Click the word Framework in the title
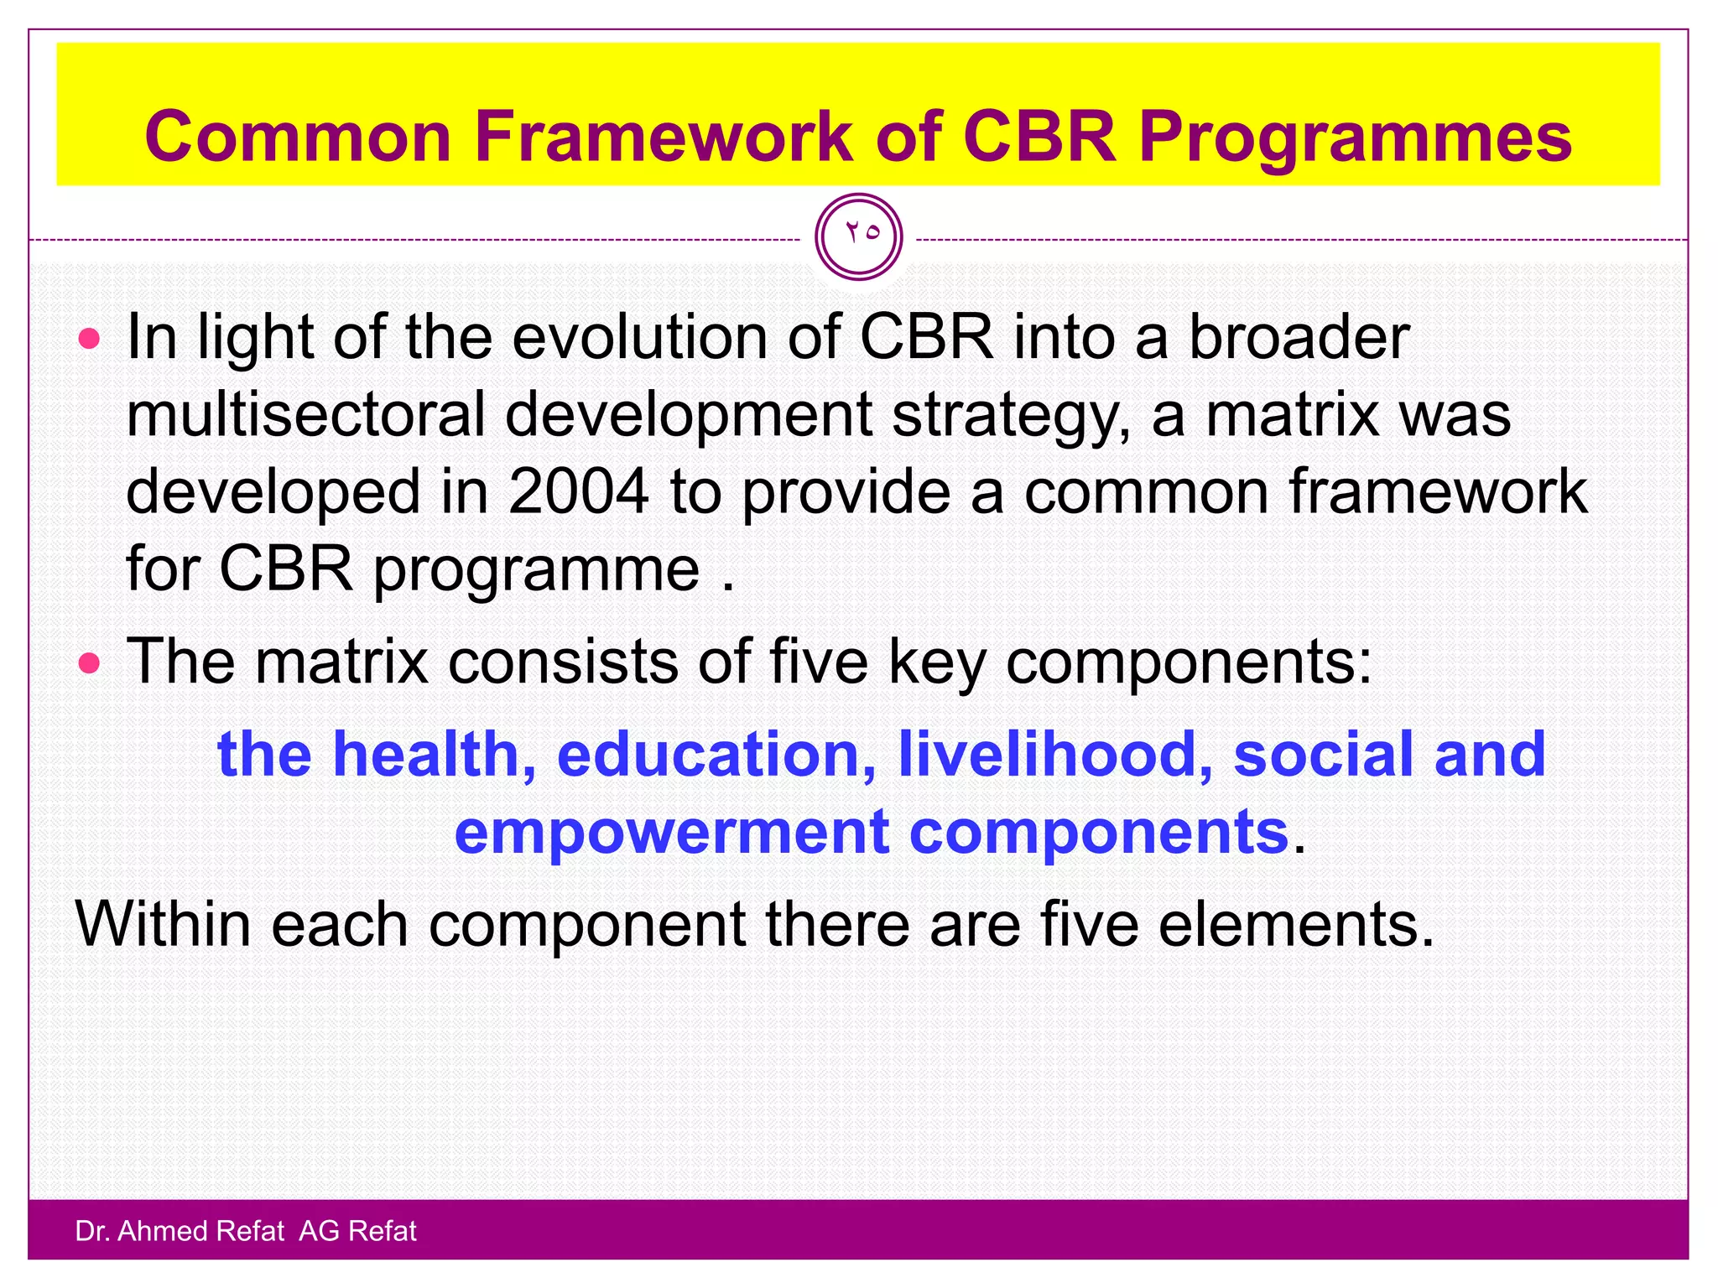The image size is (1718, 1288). [x=663, y=137]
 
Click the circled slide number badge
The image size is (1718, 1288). [x=858, y=236]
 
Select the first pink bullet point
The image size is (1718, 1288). [x=89, y=340]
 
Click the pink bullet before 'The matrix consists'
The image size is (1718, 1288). [x=89, y=664]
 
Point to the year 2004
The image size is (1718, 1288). [x=578, y=491]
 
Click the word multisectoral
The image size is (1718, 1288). [x=306, y=414]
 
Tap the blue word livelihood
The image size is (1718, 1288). [x=1054, y=754]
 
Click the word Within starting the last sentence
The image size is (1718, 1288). [x=164, y=924]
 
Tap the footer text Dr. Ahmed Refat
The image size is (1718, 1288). [x=180, y=1231]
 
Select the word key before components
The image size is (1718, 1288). [x=937, y=662]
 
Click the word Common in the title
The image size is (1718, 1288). [x=299, y=137]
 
